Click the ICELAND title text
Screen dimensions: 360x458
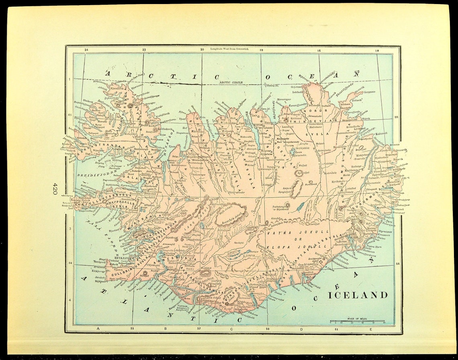coord(359,295)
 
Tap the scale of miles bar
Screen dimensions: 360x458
coord(357,321)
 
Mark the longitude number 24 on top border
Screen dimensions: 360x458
coord(86,50)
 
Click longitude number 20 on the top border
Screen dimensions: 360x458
coord(202,50)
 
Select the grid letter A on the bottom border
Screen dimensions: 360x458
coord(98,328)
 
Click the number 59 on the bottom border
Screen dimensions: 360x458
coord(268,328)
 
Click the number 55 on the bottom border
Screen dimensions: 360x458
coord(132,328)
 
